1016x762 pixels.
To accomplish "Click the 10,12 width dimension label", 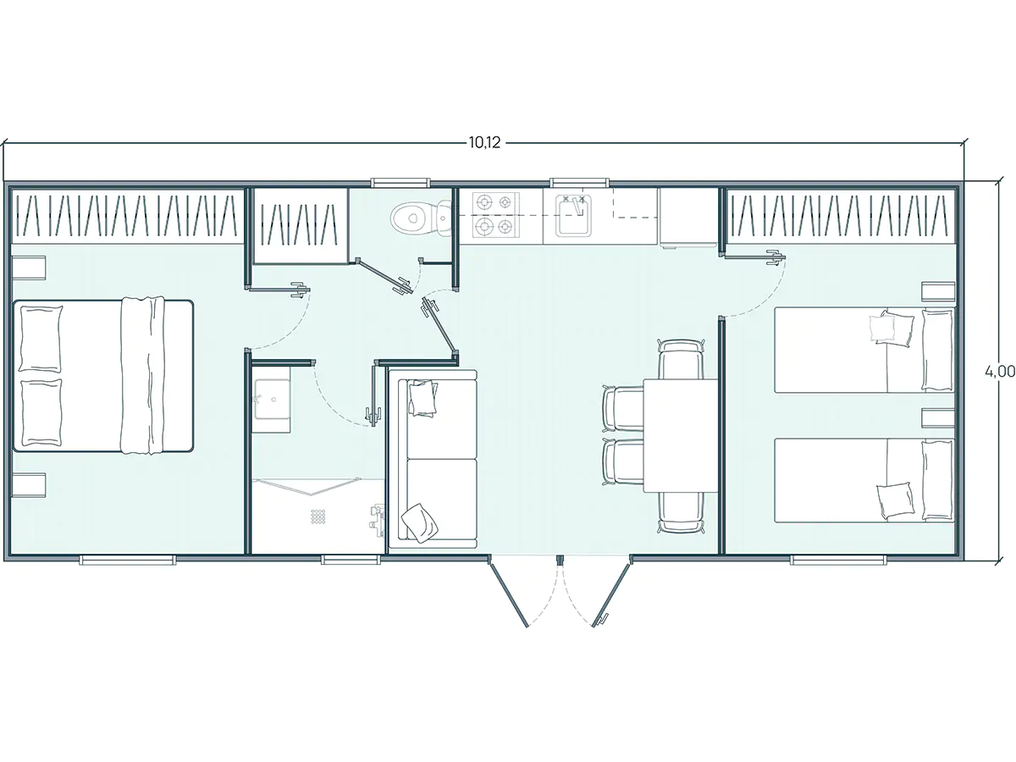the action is (484, 142).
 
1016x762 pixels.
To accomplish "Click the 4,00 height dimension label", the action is (1000, 372).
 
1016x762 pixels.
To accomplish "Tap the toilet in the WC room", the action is (420, 218).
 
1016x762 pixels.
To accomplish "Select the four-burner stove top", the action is (494, 215).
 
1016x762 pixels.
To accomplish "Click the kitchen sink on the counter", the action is (574, 216).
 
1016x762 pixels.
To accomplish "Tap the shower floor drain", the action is (318, 516).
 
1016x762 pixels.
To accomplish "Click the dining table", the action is (681, 435).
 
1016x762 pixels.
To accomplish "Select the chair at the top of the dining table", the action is (681, 359).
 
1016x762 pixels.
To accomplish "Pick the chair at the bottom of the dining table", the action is (681, 512).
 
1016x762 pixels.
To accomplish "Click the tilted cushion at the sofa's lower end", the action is (419, 522).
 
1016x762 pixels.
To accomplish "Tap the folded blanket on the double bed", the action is (142, 375).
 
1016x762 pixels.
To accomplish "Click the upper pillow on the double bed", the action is (41, 339).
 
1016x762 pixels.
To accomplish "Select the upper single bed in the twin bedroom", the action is (864, 350).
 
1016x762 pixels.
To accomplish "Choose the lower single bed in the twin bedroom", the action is (864, 480).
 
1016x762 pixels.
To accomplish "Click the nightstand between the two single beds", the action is (938, 417).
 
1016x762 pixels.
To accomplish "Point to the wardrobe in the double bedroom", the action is (127, 215).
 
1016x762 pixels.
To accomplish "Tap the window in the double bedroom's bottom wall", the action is (128, 560).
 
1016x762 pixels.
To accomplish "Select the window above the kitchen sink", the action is (578, 182).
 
